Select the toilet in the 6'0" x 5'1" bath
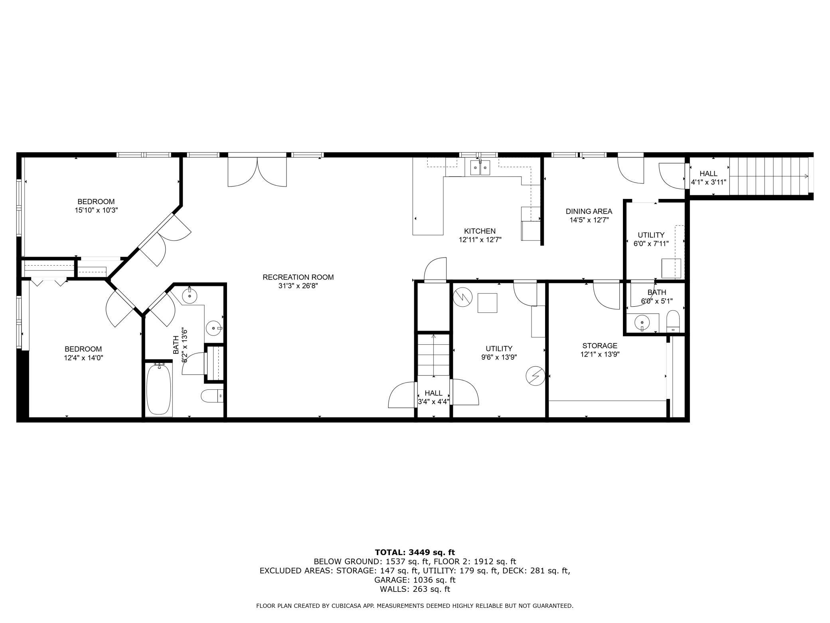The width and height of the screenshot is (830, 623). coord(673,321)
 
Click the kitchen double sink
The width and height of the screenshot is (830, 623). coord(480,168)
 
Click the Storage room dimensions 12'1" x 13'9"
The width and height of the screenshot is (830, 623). coord(600,354)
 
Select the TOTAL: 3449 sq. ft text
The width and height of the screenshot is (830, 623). coord(415,552)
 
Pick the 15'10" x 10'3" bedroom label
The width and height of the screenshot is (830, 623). coord(96,206)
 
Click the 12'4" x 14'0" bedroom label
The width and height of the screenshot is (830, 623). coord(83,353)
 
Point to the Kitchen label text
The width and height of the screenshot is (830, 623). coord(480,231)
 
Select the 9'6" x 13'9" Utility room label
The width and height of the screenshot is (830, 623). coord(499,353)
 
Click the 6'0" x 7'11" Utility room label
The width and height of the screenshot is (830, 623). coord(651,239)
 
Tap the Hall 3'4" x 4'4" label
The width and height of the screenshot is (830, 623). coord(433,397)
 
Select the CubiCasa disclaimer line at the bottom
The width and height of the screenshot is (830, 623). coord(415,606)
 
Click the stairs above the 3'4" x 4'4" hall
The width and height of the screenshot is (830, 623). coord(433,355)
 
